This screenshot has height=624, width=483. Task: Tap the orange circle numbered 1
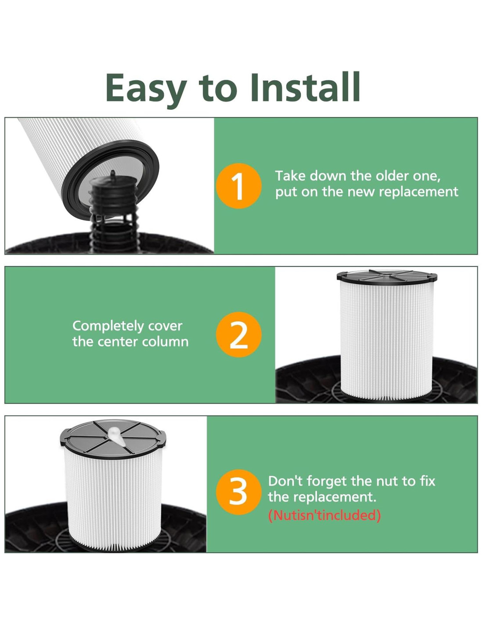(238, 186)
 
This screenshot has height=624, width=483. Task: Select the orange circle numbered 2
(238, 334)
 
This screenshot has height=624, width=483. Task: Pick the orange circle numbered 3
(238, 492)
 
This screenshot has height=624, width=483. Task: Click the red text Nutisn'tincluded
(324, 515)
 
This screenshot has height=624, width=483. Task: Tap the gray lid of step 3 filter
(113, 438)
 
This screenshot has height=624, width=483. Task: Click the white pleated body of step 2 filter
(387, 339)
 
